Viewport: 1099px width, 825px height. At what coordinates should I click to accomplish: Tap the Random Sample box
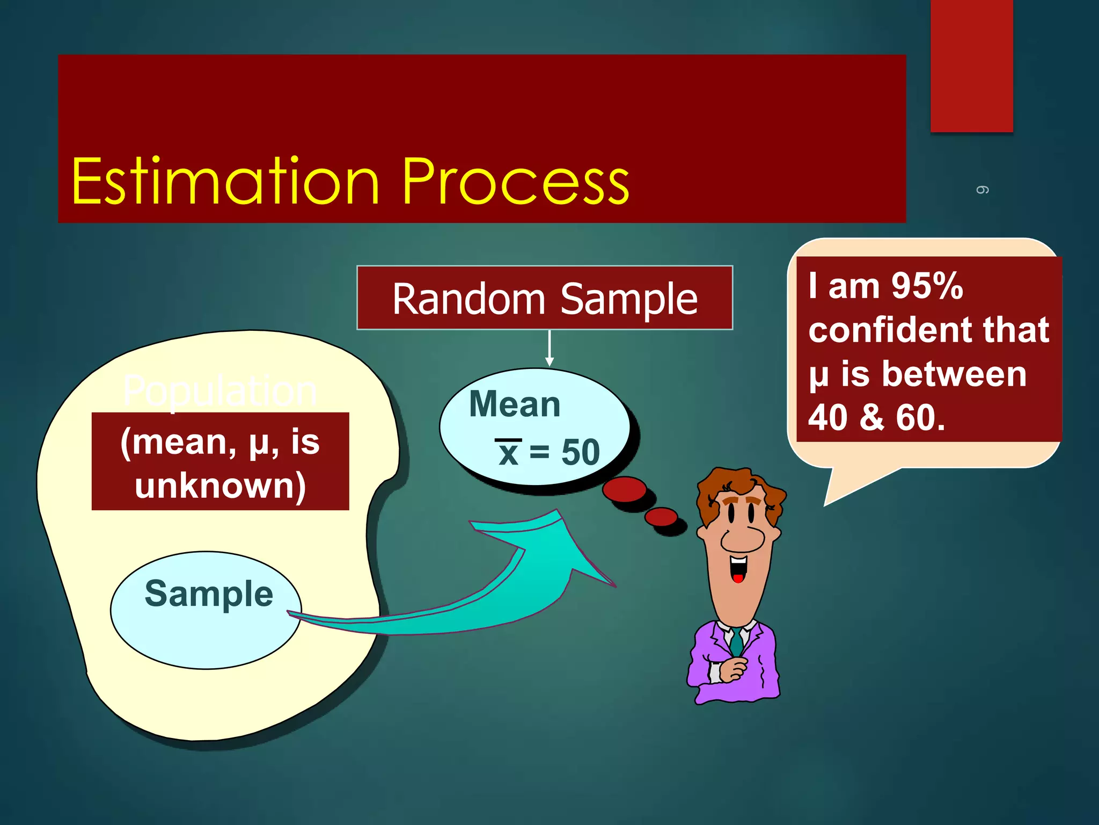545,298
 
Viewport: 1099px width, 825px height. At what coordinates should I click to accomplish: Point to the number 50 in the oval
581,452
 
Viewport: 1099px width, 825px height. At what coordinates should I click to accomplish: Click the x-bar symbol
508,452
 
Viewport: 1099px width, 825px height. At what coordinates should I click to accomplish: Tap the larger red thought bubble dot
624,489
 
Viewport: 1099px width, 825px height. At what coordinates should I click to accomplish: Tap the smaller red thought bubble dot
661,517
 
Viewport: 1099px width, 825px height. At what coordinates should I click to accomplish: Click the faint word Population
220,391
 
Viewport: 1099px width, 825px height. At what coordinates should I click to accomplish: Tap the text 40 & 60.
876,417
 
